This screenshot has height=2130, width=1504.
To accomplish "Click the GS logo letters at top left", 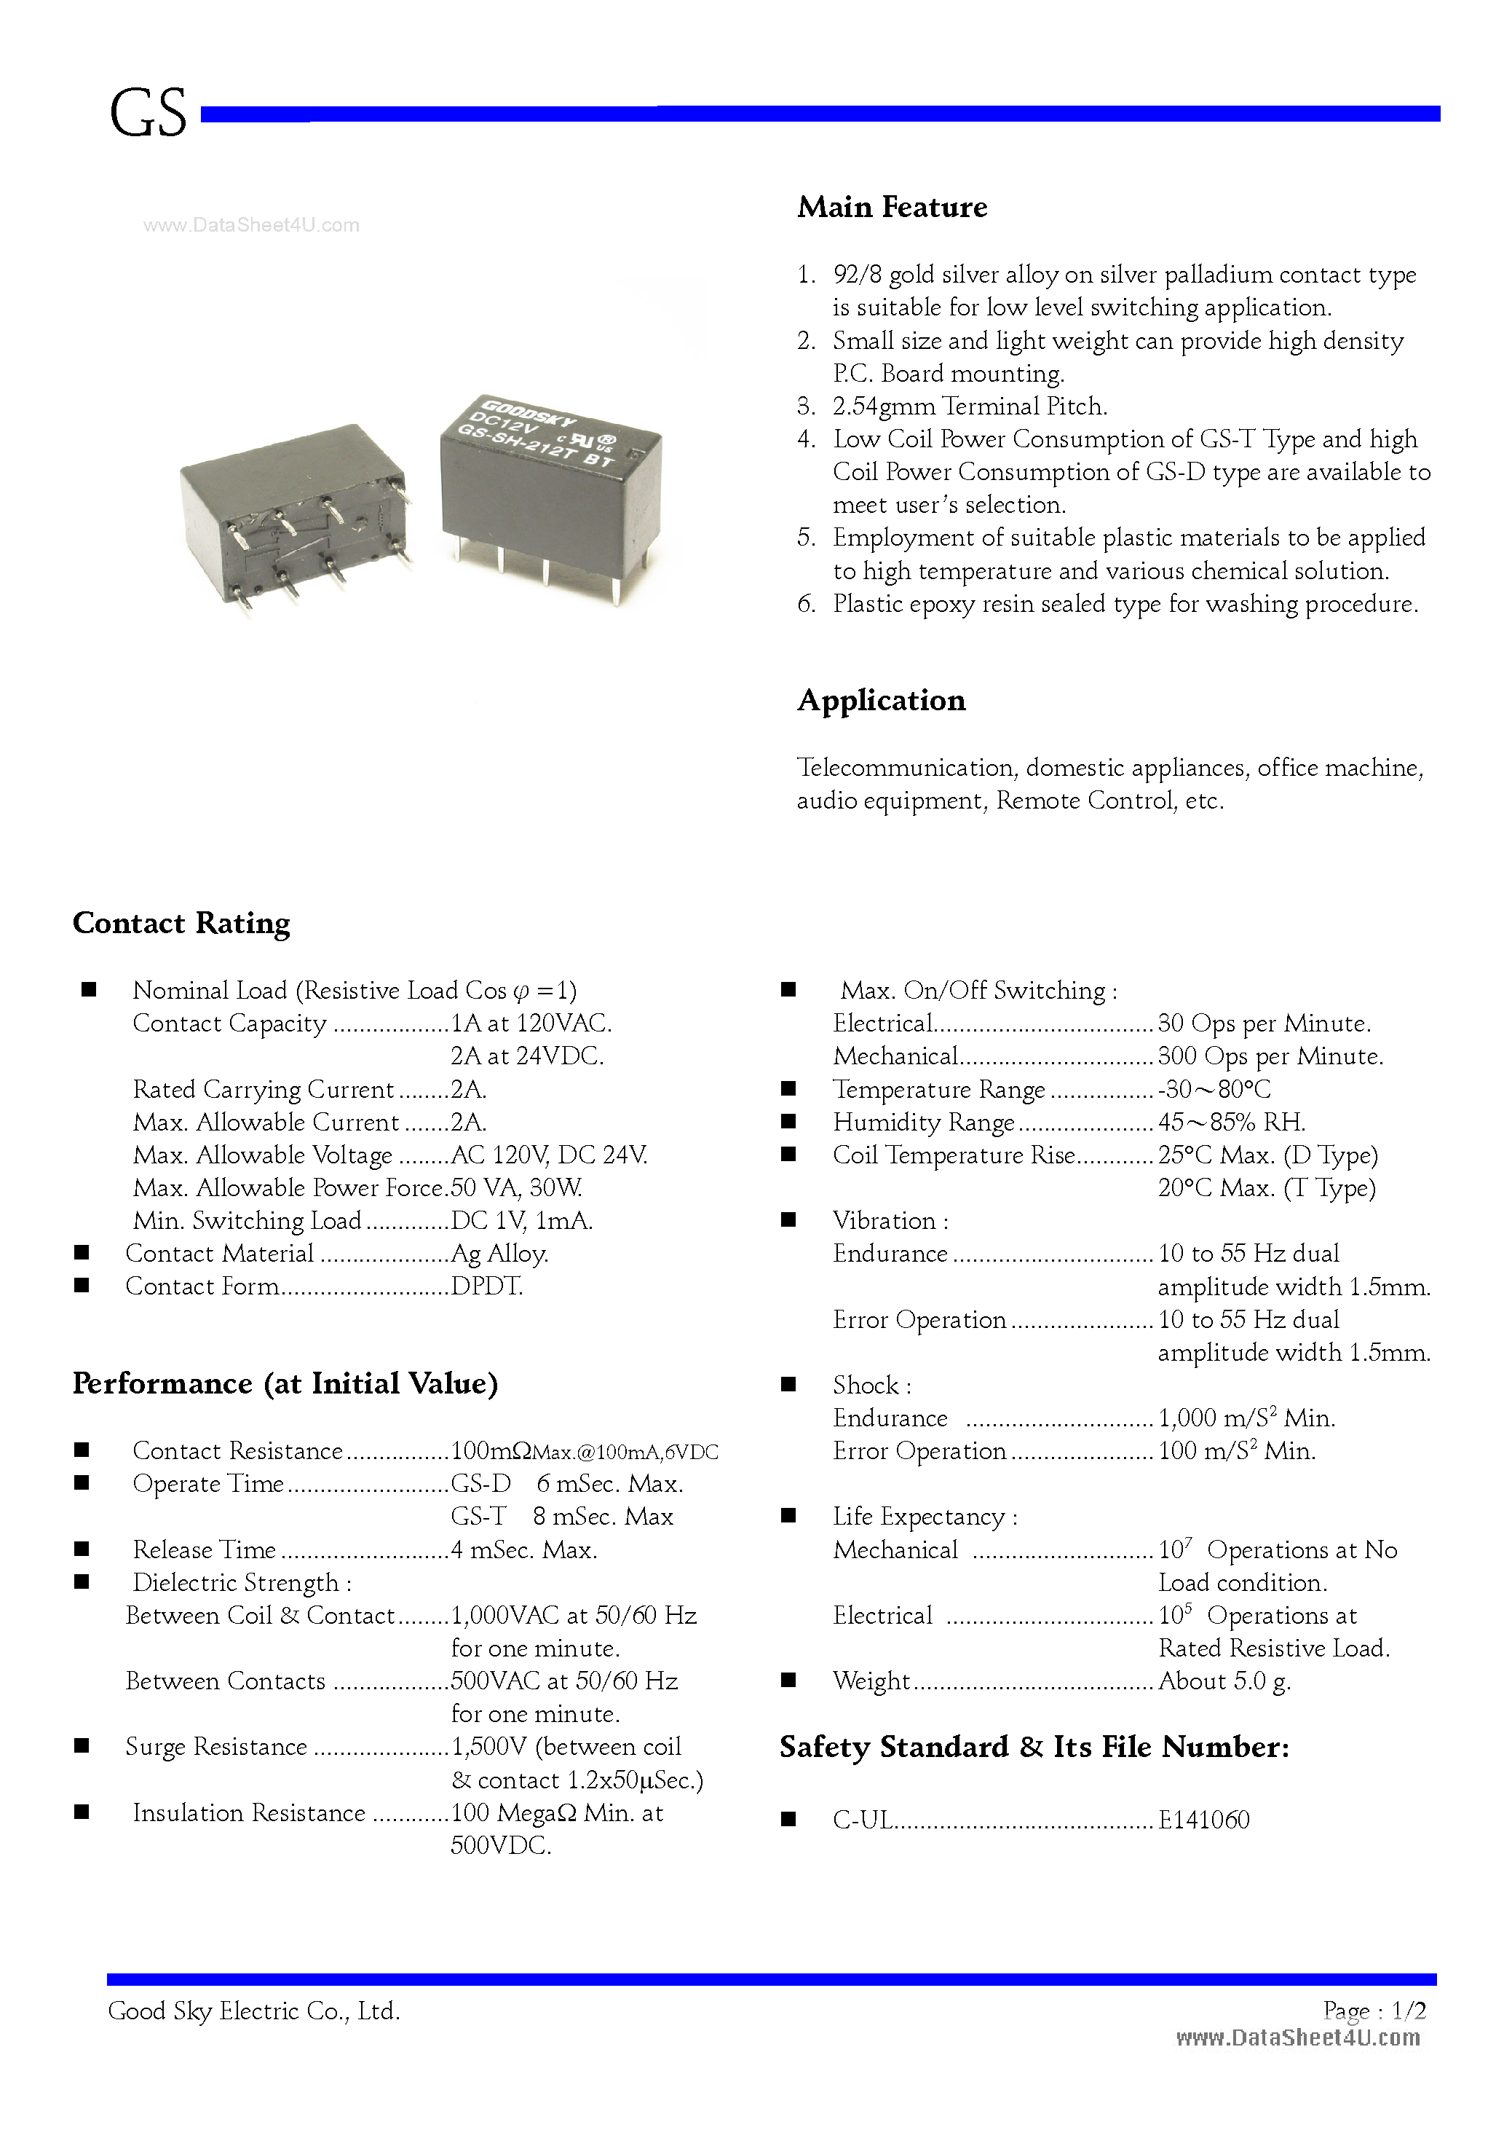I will point(148,115).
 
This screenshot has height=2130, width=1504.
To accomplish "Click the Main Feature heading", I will point(892,207).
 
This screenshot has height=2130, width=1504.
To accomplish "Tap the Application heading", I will point(881,701).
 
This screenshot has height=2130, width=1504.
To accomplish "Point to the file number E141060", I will point(1203,1819).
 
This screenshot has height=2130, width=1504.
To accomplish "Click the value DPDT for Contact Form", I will point(487,1286).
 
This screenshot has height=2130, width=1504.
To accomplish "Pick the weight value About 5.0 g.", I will point(1224,1681).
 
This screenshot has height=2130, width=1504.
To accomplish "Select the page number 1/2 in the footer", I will point(1409,2011).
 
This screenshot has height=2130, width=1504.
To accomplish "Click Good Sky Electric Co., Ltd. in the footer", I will point(254,2011).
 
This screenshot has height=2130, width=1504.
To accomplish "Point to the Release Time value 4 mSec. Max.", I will point(524,1550).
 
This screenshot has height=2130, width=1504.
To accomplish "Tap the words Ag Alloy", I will point(500,1254).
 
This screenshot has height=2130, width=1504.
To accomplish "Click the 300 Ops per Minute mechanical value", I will point(1270,1057).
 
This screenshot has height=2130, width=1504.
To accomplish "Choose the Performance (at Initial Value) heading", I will point(285,1384).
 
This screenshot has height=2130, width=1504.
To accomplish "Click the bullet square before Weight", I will point(788,1680).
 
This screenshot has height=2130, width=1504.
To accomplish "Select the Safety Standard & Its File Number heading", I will point(1034,1748).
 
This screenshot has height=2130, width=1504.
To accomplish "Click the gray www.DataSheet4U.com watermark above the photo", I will point(251,225).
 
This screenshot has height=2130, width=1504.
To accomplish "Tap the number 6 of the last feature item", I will point(805,604).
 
